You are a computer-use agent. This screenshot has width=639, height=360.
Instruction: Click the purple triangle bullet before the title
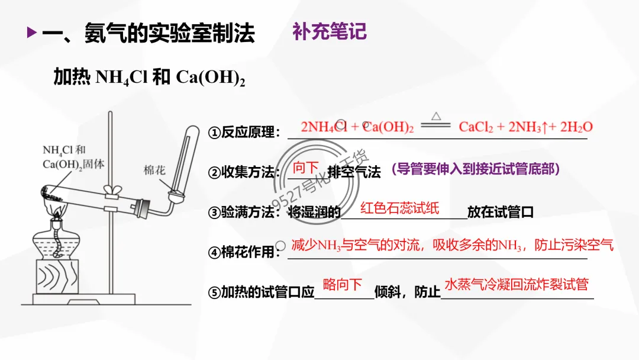pos(32,33)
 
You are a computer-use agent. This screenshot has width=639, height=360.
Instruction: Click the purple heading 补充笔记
pos(330,31)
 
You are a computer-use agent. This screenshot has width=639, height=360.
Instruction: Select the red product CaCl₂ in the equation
pos(476,127)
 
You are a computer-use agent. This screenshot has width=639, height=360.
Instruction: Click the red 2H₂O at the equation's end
pos(576,127)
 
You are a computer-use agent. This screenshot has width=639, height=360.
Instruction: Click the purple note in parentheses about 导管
pos(475,169)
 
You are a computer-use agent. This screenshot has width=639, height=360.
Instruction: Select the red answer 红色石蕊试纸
pos(400,208)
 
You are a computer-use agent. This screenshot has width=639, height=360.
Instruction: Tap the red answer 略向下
pos(343,285)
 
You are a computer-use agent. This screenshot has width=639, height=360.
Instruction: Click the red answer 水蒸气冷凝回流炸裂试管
pos(517,285)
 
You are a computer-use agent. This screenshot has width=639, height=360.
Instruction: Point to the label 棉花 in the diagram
pos(155,170)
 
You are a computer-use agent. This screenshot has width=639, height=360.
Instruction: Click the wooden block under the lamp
pos(57,278)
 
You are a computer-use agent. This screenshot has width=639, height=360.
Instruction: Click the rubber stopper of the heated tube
pos(142,207)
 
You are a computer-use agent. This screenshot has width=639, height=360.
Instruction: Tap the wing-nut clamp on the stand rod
pos(111,191)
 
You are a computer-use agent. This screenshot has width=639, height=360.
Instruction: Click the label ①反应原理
pos(243,133)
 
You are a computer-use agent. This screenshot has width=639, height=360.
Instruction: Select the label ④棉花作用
pos(243,252)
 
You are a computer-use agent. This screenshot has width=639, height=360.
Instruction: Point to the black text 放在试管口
pos(501,212)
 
